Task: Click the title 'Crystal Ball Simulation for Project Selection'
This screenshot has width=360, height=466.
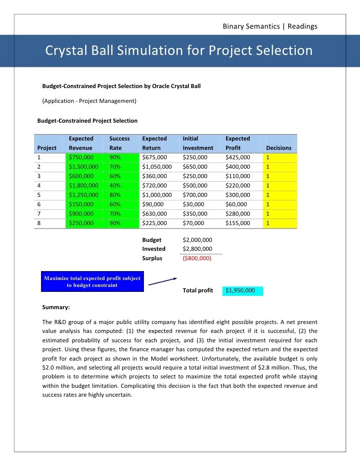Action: (x=179, y=51)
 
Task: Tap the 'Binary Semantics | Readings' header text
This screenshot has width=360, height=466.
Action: (x=270, y=26)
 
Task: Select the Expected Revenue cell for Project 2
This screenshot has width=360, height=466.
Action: (x=83, y=167)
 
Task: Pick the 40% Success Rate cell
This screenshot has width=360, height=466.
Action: (x=115, y=186)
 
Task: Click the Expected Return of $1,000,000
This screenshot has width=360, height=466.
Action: (x=157, y=195)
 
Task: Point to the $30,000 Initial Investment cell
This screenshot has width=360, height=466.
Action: (x=193, y=204)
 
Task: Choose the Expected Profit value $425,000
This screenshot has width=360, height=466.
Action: (x=238, y=157)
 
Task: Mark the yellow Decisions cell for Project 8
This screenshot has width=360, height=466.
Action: (x=281, y=223)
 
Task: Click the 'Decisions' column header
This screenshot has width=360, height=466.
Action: (x=278, y=148)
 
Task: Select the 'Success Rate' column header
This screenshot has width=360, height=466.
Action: (x=119, y=143)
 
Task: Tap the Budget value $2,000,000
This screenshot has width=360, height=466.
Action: (x=197, y=240)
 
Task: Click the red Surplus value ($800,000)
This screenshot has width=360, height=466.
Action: (x=197, y=258)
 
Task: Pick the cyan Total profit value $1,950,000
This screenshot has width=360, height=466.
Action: (x=242, y=290)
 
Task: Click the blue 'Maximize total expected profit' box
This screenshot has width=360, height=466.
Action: (x=92, y=281)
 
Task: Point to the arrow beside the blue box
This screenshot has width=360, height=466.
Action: (x=163, y=281)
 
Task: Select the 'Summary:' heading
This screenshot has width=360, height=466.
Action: (x=56, y=307)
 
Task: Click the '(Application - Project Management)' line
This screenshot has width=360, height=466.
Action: (x=89, y=101)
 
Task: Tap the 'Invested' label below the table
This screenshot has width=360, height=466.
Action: (x=154, y=249)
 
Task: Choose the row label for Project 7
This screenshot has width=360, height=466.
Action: (x=40, y=214)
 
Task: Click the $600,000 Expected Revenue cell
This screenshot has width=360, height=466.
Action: (x=81, y=176)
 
